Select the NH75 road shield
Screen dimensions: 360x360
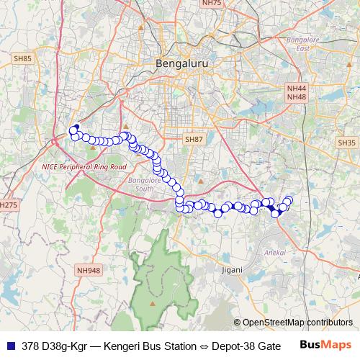point(211,3)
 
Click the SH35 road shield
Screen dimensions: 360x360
point(346,143)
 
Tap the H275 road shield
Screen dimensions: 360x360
point(8,205)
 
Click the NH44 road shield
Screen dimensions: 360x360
point(296,88)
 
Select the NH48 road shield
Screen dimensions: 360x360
point(296,96)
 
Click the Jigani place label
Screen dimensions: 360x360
point(232,269)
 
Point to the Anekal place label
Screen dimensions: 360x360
point(276,253)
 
